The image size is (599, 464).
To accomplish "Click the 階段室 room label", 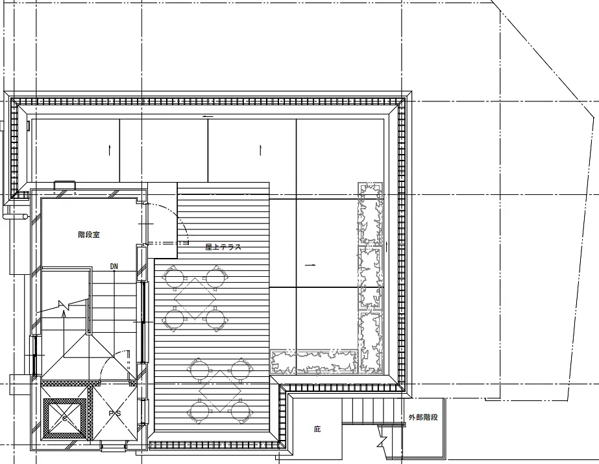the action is [89, 235].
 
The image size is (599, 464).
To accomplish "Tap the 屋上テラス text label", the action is [223, 247].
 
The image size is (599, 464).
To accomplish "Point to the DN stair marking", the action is [114, 266].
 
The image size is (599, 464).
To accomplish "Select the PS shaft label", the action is [115, 413].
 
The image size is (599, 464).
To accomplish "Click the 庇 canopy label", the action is [317, 429].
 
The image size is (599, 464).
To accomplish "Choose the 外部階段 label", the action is [423, 417].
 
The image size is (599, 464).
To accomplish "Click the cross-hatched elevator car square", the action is [64, 419].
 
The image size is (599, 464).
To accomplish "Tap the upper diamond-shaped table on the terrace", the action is [195, 298].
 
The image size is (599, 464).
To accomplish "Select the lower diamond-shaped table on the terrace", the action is [220, 391].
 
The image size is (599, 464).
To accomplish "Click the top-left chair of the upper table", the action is [174, 277].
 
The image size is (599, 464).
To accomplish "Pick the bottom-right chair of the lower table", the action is [240, 411].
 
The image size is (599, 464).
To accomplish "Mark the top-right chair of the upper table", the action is [216, 277].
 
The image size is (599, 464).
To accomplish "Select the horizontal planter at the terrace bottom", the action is [314, 361].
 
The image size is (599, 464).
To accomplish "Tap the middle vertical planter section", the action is [370, 278].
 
